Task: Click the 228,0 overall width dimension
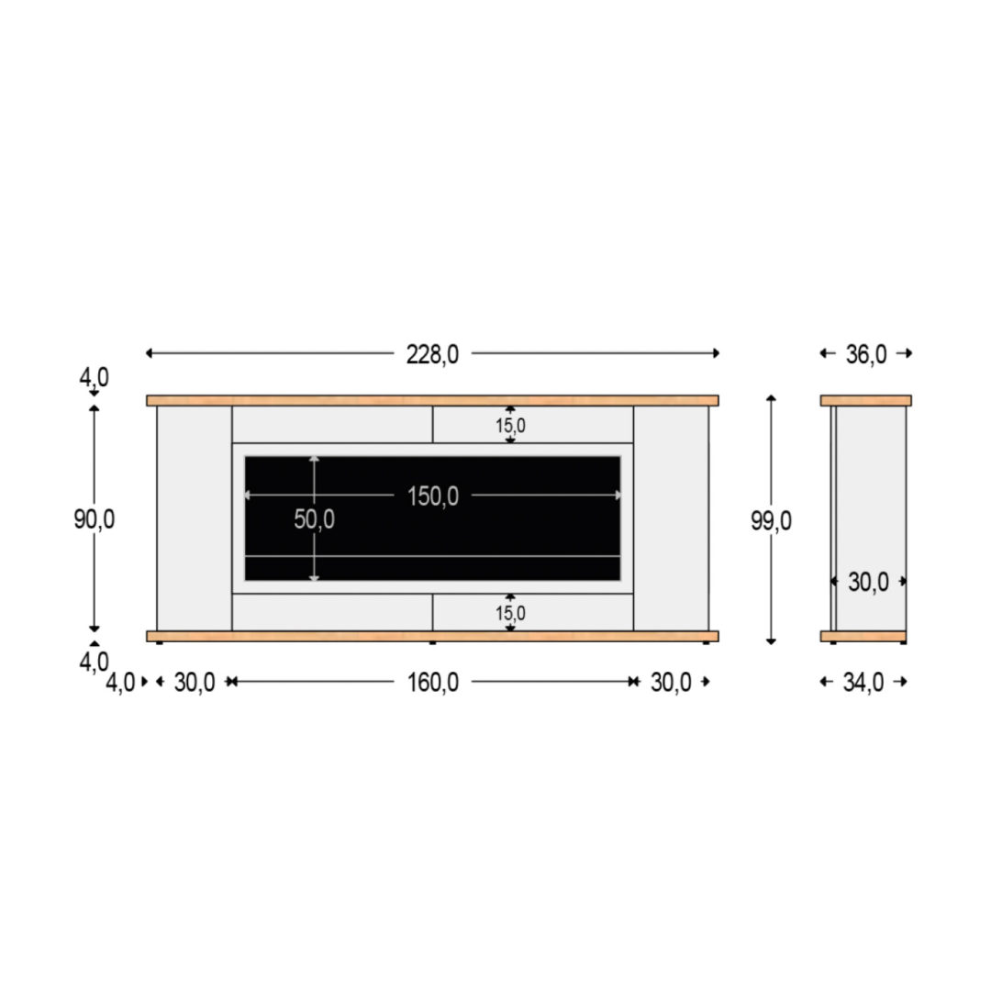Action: [432, 354]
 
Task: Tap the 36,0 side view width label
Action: [866, 354]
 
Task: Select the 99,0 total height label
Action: [771, 521]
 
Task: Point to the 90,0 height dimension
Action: [95, 518]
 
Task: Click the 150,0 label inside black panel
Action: [433, 496]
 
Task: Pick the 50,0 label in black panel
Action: [314, 518]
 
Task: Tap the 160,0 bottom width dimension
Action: [433, 683]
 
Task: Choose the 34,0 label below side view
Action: [863, 683]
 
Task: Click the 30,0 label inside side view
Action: [868, 582]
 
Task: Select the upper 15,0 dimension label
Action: [510, 426]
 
